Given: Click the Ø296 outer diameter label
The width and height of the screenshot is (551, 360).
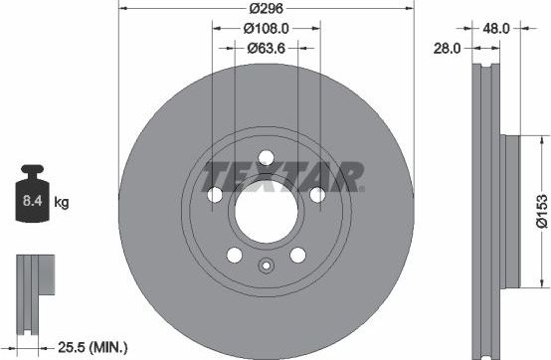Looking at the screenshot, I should pyautogui.click(x=266, y=10).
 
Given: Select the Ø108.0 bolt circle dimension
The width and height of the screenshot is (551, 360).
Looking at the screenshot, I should pyautogui.click(x=266, y=30).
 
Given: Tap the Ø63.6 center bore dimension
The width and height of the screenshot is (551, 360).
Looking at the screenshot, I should pyautogui.click(x=266, y=49).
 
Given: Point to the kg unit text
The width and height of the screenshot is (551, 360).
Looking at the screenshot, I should pyautogui.click(x=61, y=204).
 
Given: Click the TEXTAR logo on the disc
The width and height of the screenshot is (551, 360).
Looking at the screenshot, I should pyautogui.click(x=282, y=178).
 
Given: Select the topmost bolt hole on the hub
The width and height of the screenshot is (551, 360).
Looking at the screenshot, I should pyautogui.click(x=266, y=156).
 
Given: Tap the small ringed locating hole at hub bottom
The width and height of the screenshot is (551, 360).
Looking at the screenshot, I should pyautogui.click(x=266, y=266).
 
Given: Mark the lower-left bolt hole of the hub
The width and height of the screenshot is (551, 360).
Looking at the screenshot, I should pyautogui.click(x=235, y=255).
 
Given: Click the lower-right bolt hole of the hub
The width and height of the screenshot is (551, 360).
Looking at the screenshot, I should pyautogui.click(x=296, y=255).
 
